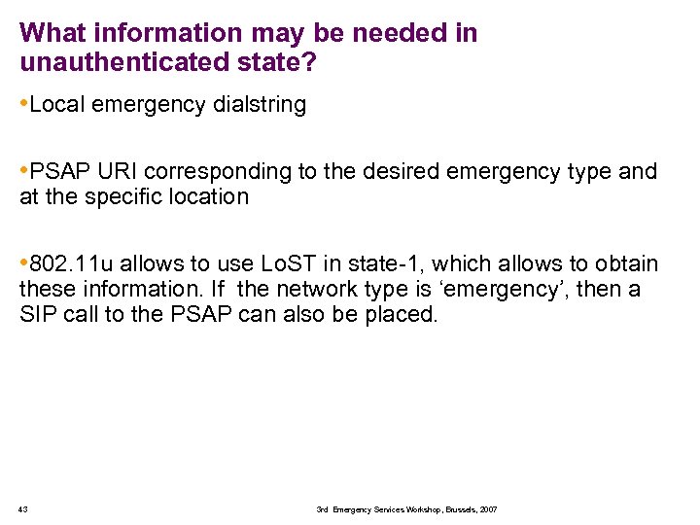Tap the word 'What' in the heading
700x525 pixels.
click(50, 33)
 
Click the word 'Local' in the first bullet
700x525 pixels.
click(56, 105)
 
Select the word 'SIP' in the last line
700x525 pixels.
click(37, 315)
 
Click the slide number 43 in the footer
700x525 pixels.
click(23, 509)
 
